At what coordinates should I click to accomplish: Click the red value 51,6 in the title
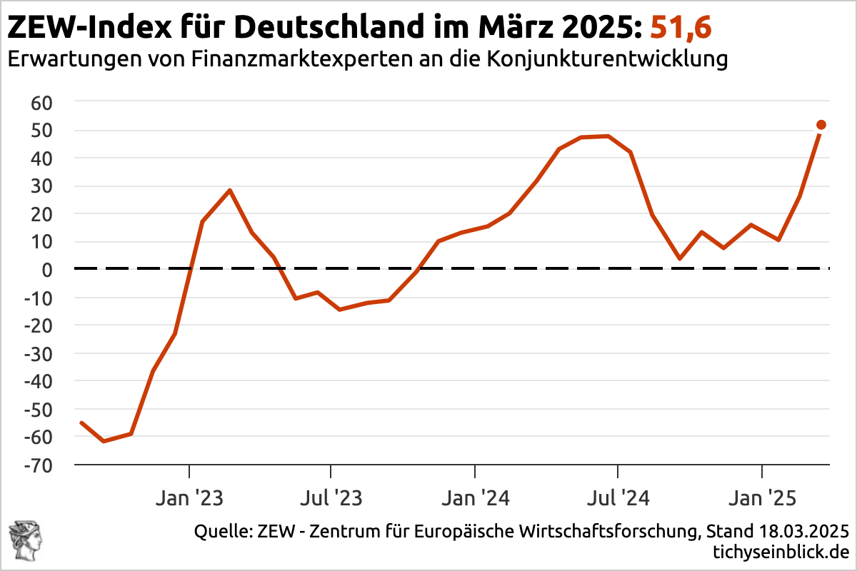click(681, 28)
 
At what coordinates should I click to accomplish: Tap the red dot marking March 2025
click(821, 125)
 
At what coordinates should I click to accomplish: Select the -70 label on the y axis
click(40, 465)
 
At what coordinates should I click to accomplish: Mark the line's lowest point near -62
click(104, 441)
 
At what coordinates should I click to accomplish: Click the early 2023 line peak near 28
click(229, 190)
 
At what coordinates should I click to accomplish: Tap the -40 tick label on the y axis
click(40, 381)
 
